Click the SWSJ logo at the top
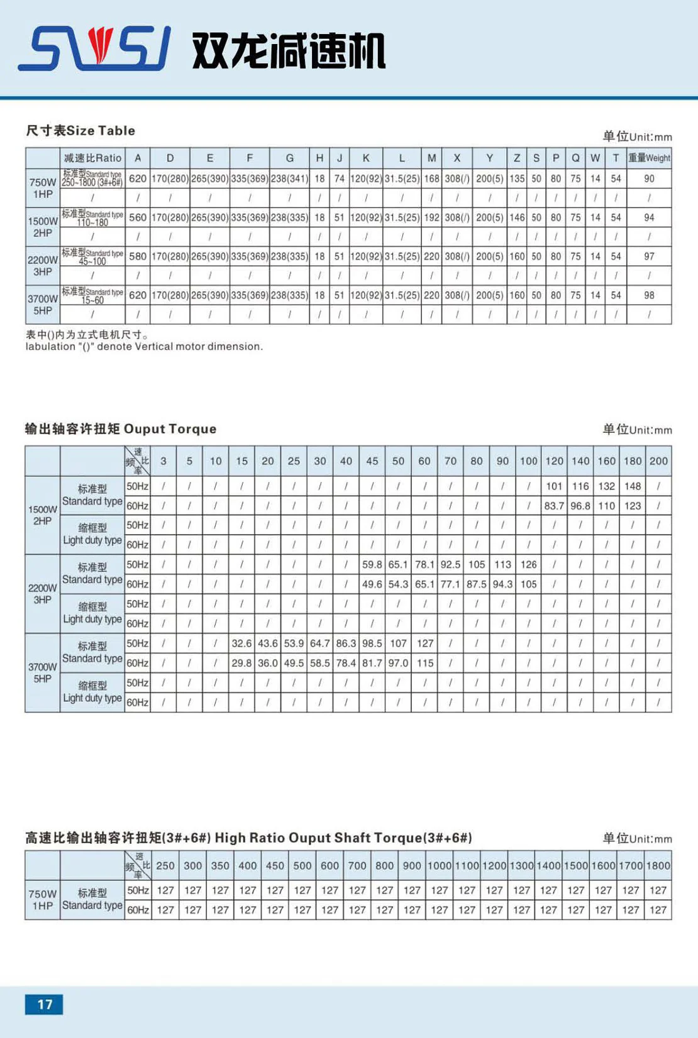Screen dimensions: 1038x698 point(94,48)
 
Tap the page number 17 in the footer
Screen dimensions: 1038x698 point(44,1004)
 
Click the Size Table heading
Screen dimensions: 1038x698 point(80,131)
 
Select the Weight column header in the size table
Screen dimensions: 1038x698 point(649,158)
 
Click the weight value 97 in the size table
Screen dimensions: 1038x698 point(649,256)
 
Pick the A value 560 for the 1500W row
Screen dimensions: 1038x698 point(138,217)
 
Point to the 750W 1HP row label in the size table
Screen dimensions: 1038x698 point(43,188)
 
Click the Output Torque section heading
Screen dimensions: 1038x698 point(121,429)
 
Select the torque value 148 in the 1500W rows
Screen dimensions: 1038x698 point(633,486)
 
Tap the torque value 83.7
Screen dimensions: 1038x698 point(554,506)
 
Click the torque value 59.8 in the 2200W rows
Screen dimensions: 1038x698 point(372,564)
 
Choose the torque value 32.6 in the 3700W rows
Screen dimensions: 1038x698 point(241,643)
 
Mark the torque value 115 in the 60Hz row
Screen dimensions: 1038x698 point(425,663)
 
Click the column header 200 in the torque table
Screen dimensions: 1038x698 point(658,461)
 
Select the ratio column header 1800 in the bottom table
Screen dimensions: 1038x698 point(658,865)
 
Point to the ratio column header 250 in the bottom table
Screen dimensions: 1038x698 point(165,865)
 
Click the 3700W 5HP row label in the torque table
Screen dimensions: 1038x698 point(43,672)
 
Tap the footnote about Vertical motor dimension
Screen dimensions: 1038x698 point(144,346)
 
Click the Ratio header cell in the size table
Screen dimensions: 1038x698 point(92,158)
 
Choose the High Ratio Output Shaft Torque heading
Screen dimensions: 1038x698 point(248,838)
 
